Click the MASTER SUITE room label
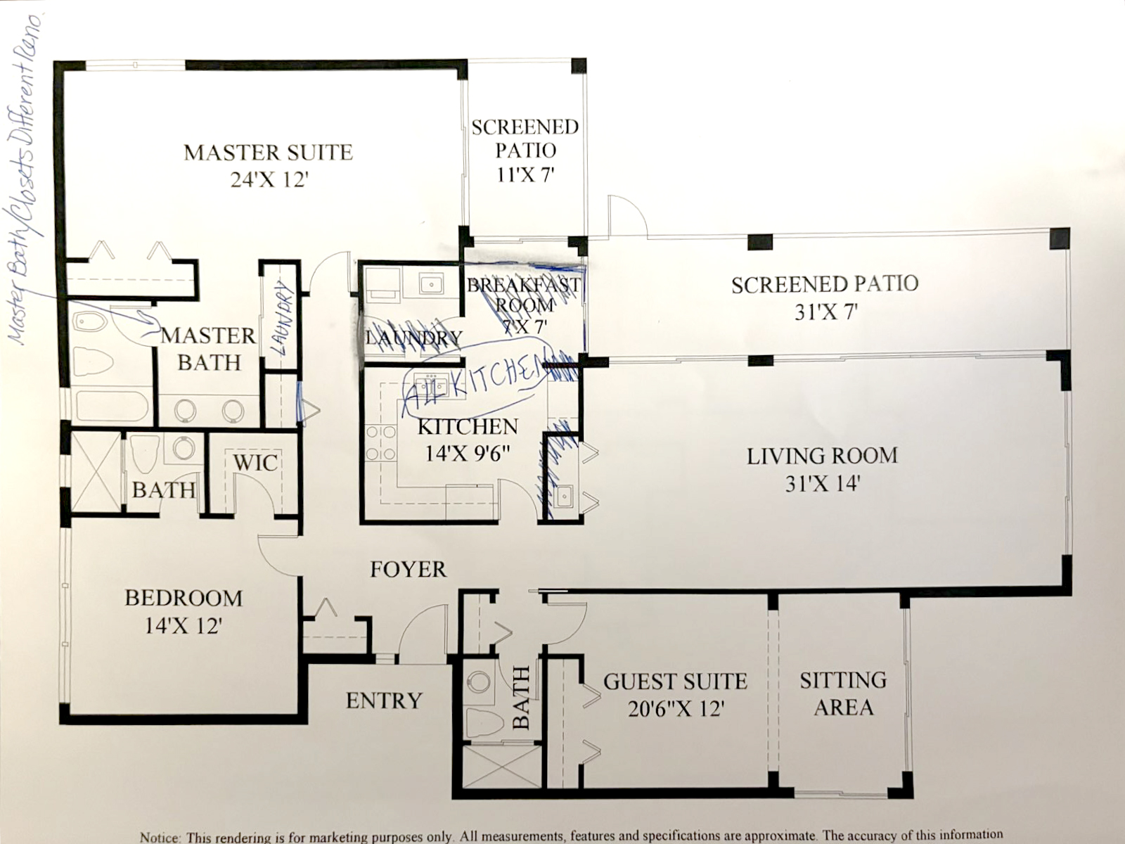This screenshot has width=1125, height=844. (268, 153)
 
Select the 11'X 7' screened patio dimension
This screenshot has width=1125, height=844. (525, 174)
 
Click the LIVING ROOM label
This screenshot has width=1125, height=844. (822, 456)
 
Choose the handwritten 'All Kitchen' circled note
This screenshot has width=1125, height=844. (472, 383)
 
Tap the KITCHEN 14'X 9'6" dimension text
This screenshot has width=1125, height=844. (467, 454)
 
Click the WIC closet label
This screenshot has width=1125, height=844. (255, 463)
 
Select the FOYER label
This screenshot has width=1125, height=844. (408, 569)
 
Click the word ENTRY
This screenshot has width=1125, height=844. (384, 701)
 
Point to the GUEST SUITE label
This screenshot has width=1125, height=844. (675, 682)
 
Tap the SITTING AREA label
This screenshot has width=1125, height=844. (843, 693)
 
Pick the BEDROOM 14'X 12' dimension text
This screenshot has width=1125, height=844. (184, 625)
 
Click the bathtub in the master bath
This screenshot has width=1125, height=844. (112, 407)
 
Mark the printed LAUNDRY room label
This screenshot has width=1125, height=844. (414, 338)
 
